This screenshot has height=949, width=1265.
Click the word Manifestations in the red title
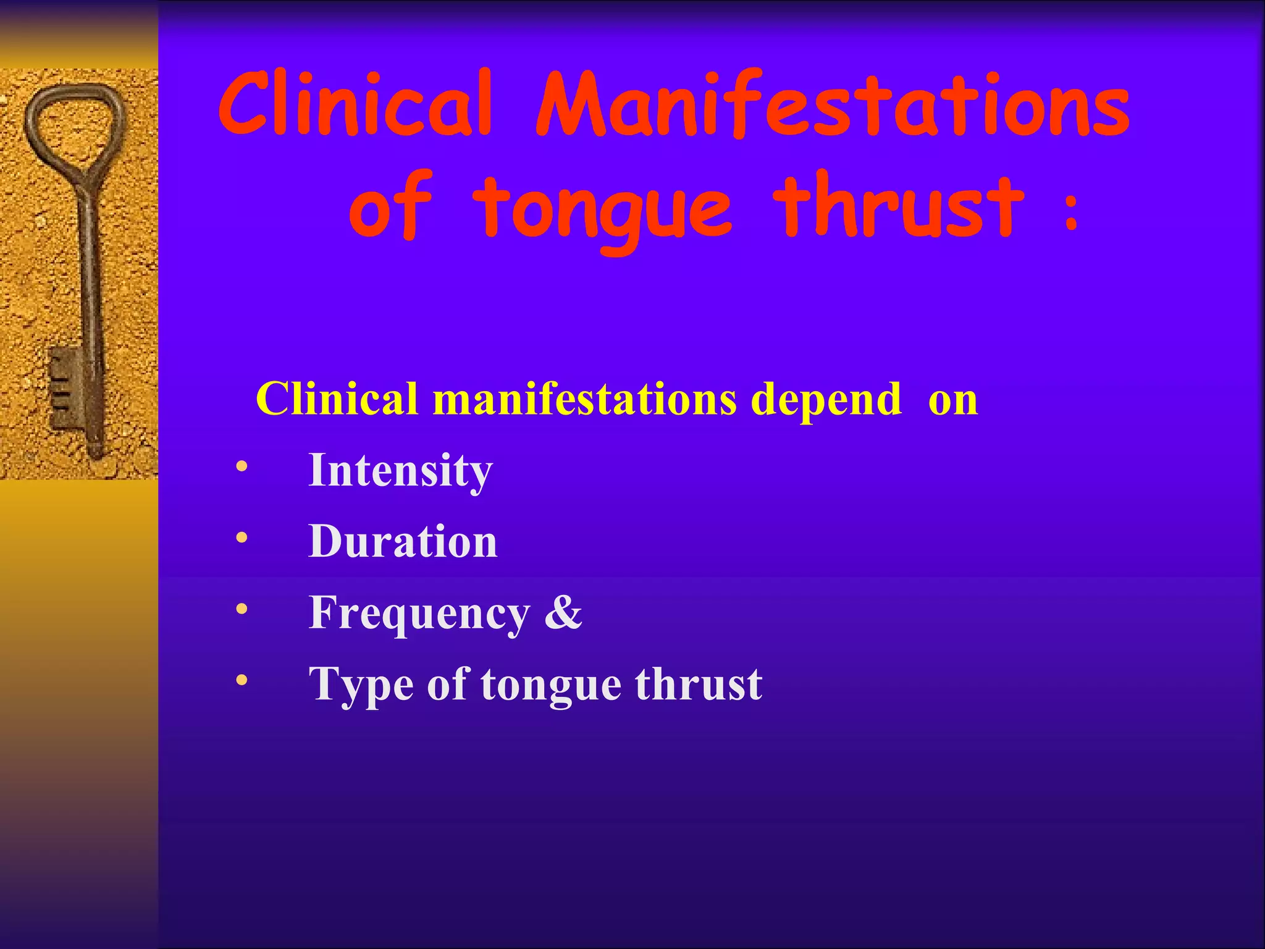tap(833, 105)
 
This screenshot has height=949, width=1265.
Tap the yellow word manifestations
tap(584, 399)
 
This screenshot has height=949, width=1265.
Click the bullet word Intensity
tap(400, 471)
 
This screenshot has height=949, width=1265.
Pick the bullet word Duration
tap(403, 541)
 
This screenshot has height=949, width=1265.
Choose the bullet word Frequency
tap(419, 614)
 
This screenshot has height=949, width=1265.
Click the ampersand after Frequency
tap(563, 613)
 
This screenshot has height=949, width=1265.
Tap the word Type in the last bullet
tap(361, 685)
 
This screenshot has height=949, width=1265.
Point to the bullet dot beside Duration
tap(242, 538)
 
